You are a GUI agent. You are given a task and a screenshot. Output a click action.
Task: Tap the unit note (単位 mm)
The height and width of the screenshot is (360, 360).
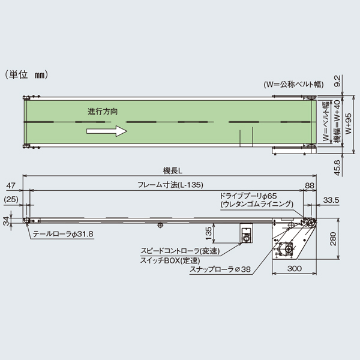coord(26,75)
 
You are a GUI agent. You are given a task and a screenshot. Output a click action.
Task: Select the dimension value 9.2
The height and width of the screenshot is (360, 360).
coord(338,82)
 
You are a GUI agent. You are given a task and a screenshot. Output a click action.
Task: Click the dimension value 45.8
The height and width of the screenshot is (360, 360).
coord(338,167)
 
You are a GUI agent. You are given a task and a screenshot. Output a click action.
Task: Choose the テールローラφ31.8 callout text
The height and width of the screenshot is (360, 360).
coord(65,234)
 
